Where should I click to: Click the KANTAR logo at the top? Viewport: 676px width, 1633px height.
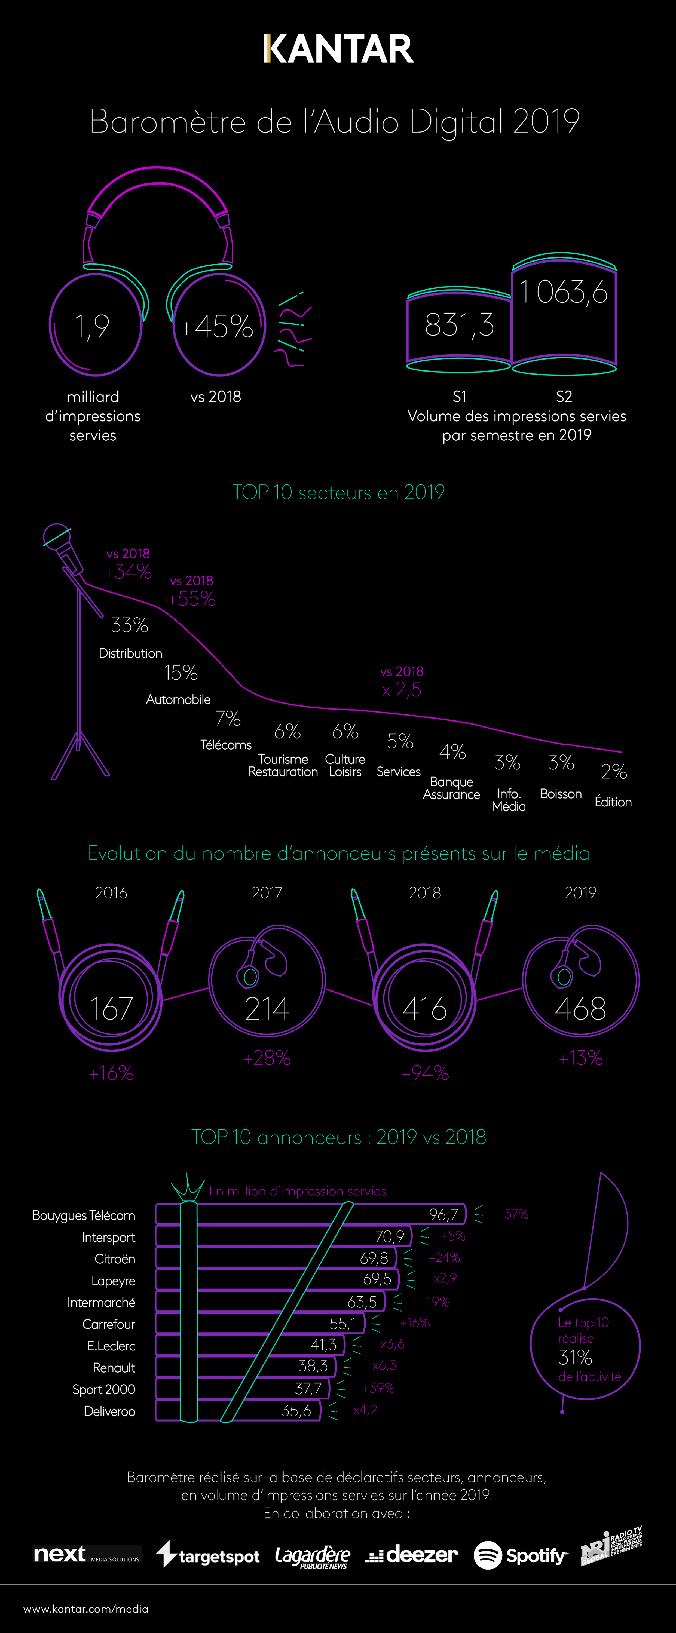coord(338,50)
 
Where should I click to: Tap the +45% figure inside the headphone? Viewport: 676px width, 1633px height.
coord(216,327)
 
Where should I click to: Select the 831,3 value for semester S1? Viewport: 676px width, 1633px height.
coord(459,325)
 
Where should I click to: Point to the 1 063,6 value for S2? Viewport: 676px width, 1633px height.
coord(564,292)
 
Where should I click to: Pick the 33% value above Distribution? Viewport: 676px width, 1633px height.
coord(129,625)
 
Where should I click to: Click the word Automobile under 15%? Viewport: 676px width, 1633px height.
coord(178,699)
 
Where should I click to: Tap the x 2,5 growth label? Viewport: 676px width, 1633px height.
coord(401,690)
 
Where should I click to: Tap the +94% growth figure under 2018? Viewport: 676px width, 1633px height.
coord(425,1073)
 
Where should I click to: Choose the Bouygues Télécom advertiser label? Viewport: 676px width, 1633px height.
coord(84,1215)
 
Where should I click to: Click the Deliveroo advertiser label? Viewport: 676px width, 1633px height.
coord(110,1411)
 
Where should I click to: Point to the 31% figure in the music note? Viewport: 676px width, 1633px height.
coord(575,1357)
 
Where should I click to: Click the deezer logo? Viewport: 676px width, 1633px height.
coord(412,1554)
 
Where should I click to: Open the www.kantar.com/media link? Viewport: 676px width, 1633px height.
coord(85,1609)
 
